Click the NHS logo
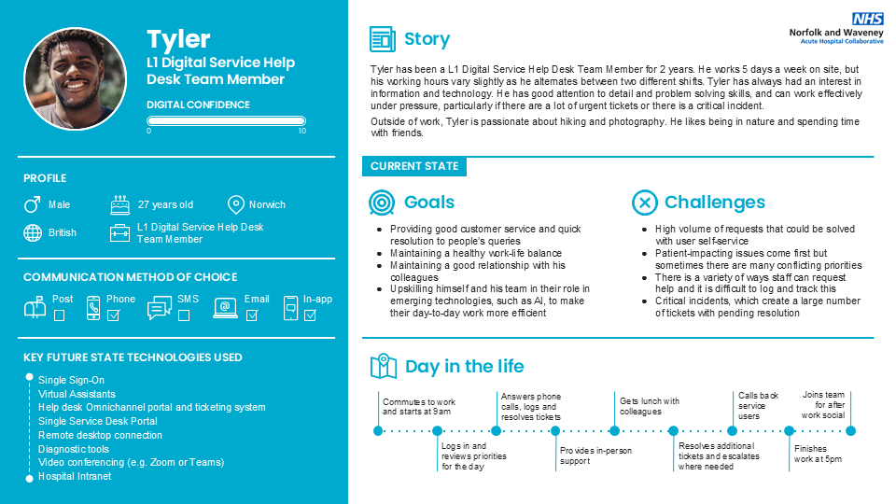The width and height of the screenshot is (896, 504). coord(866,19)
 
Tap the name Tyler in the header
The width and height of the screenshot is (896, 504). coord(178,39)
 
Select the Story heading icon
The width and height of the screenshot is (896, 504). coord(382,39)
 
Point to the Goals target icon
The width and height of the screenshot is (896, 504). coord(382,203)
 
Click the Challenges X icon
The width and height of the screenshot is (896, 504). coord(644,203)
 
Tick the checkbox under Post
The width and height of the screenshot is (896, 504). coord(60,315)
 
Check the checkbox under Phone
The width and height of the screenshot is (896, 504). coord(114,315)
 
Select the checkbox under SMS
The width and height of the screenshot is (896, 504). coord(183,315)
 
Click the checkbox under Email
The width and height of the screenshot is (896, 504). coord(251,315)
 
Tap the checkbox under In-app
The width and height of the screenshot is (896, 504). coord(310,315)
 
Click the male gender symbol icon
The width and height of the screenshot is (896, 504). coord(32,204)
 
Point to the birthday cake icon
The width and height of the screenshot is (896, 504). coord(119,204)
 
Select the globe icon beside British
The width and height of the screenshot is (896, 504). coord(33,232)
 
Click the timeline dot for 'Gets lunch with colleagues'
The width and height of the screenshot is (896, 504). coord(614,430)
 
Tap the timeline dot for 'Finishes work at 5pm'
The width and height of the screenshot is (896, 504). coord(789,430)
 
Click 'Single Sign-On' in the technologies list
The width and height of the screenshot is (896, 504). coord(71,380)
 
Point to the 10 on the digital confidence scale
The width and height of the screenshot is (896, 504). coord(301,131)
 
